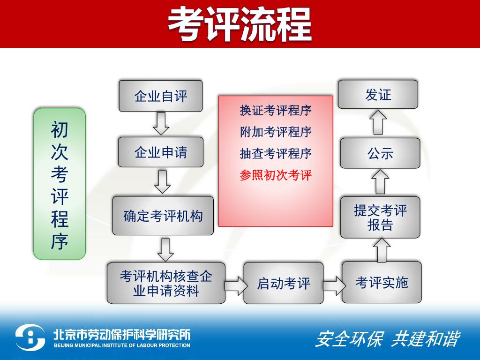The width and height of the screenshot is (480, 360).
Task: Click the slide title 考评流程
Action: point(240,24)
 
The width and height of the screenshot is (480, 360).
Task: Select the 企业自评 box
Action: point(160,96)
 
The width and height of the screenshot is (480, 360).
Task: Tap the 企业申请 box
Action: point(160,152)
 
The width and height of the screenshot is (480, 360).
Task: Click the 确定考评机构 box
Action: point(163,216)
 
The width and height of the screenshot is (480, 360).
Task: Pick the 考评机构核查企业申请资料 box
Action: point(166,283)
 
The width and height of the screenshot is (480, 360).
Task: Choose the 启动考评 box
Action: point(283,283)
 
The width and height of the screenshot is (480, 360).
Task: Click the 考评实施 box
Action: point(381,282)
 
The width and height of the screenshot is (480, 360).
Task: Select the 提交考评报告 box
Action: point(380,217)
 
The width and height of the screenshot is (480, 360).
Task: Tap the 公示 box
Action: point(380,153)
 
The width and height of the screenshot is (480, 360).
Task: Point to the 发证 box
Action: point(378,95)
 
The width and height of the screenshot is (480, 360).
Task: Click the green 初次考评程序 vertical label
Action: point(60,184)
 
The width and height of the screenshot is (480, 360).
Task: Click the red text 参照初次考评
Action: point(275,175)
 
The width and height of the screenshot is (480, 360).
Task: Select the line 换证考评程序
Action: point(275,111)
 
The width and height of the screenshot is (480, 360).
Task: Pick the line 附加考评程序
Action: point(275,132)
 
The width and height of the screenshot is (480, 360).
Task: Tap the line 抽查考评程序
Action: point(275,153)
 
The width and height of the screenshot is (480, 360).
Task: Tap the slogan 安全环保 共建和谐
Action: point(387,339)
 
